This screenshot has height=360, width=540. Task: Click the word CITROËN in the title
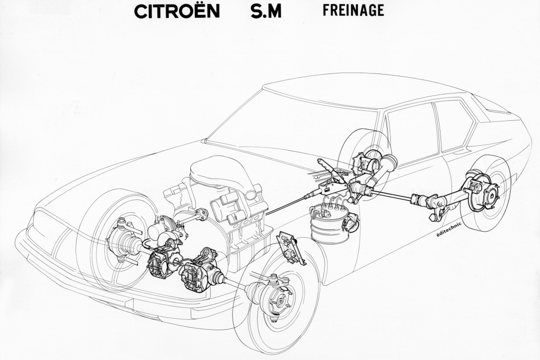coord(177,12)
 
